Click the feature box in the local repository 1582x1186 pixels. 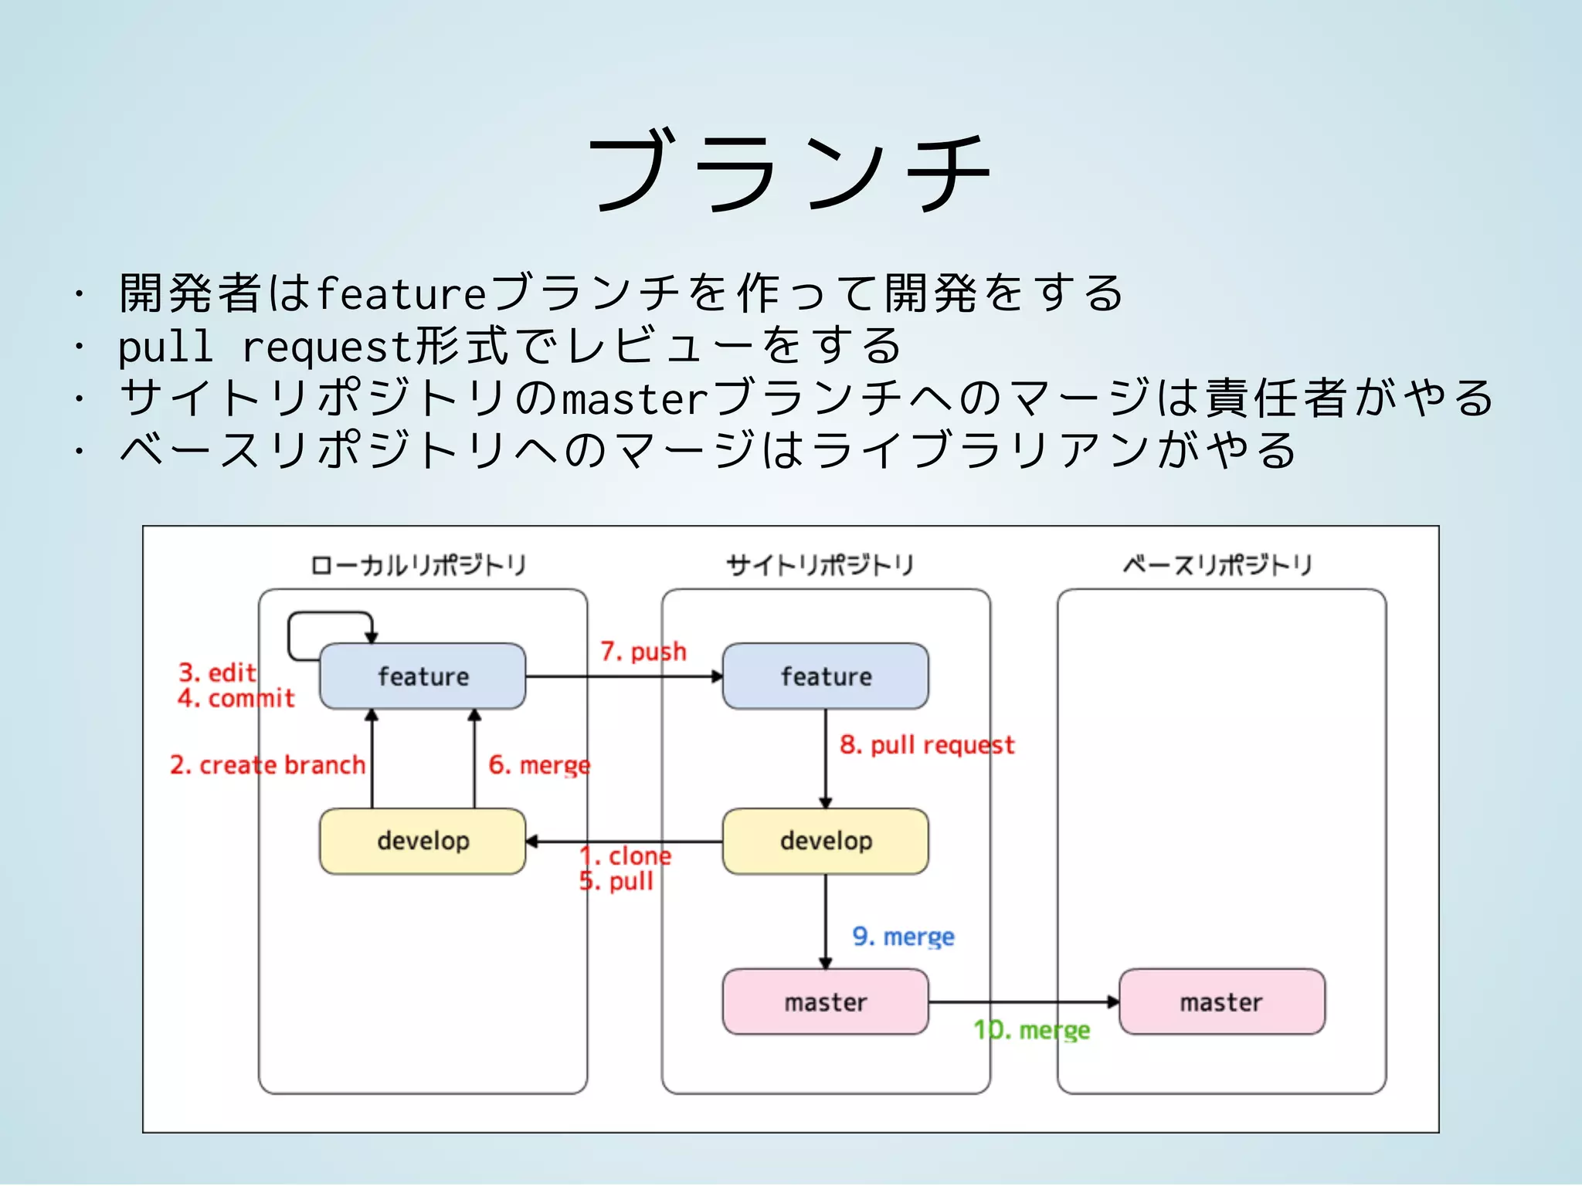[423, 676]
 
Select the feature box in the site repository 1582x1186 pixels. [825, 676]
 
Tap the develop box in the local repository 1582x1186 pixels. [423, 841]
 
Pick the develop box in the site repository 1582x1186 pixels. [825, 841]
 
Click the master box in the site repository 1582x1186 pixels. [825, 1002]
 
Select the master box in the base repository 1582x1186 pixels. [1221, 1002]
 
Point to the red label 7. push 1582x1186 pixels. [643, 652]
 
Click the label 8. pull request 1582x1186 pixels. [926, 745]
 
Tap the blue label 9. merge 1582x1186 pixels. [903, 937]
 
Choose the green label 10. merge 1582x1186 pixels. [1031, 1030]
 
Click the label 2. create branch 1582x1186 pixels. [267, 765]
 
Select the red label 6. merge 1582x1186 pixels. [539, 765]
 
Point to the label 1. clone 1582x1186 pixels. [626, 856]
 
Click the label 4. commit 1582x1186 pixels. [236, 699]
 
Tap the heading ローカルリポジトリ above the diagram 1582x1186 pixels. [418, 565]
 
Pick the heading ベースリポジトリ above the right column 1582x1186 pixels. [1217, 565]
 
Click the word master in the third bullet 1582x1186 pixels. [633, 398]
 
